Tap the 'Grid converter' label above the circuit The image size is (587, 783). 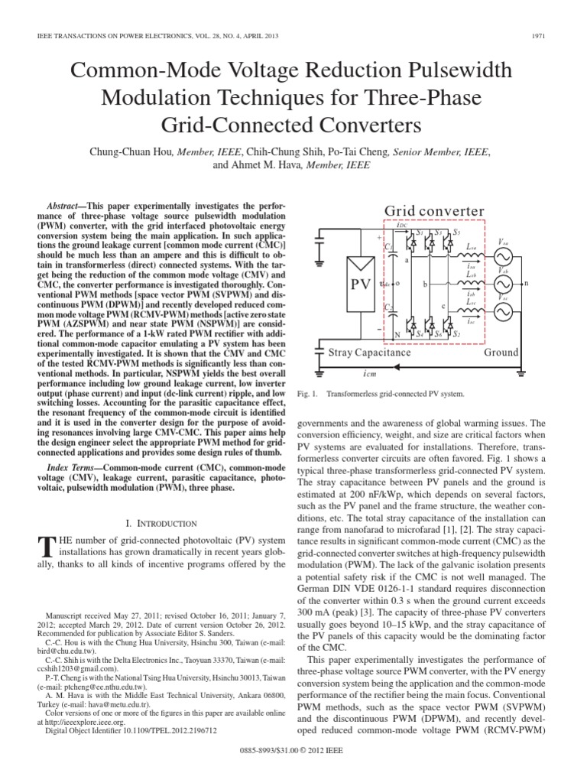[x=433, y=210]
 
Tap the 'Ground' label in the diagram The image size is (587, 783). [x=501, y=353]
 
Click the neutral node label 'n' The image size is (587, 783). [x=546, y=283]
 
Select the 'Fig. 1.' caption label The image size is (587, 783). [x=306, y=395]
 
